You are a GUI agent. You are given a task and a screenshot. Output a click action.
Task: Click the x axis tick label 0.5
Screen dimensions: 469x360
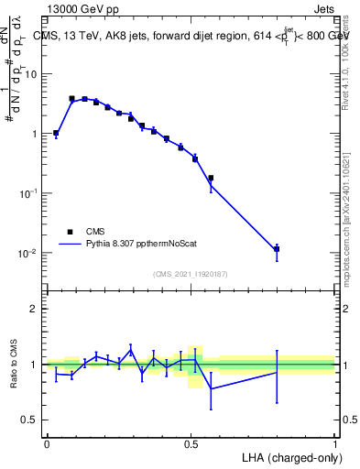point(191,443)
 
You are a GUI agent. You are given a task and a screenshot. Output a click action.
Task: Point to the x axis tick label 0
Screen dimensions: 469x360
point(47,443)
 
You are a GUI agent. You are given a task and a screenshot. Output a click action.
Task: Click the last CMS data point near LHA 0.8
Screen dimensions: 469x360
point(277,248)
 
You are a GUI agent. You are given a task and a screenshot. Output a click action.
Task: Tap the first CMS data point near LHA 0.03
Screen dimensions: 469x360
point(56,133)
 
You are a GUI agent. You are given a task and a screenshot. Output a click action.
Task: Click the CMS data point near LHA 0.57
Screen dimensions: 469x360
point(211,178)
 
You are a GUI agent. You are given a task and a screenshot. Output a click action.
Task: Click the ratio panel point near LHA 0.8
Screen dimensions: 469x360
point(277,372)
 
